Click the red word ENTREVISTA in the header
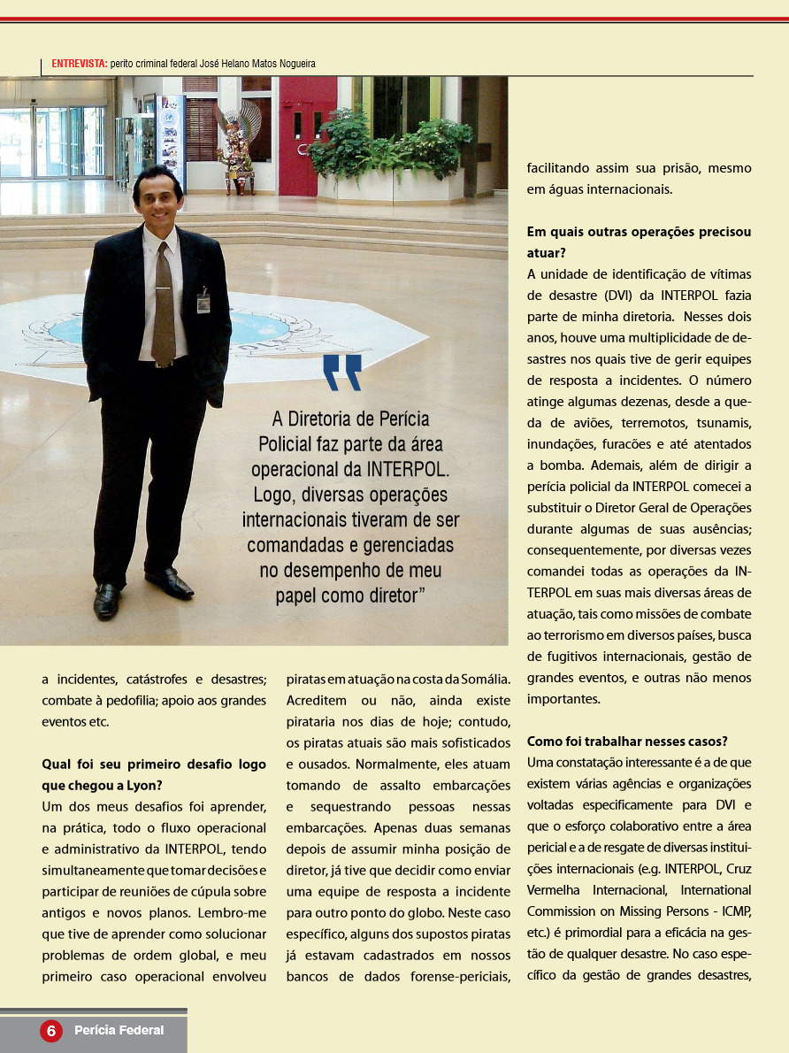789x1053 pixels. tap(80, 64)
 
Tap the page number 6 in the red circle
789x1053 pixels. tap(51, 1031)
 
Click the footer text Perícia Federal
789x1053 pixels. tap(119, 1031)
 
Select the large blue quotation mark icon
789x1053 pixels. tap(342, 373)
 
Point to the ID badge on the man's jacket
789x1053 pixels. tap(203, 302)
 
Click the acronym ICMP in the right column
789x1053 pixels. tap(732, 911)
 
